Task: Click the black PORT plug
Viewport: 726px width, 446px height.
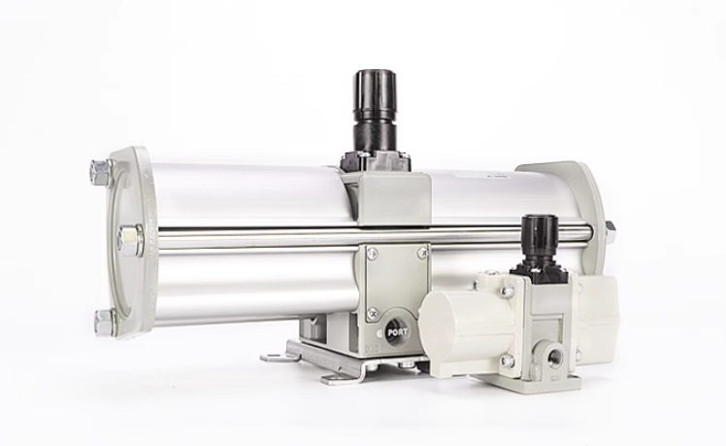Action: tap(397, 330)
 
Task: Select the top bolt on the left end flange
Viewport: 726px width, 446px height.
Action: tap(100, 173)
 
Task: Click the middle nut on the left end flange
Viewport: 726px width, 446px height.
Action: tap(129, 239)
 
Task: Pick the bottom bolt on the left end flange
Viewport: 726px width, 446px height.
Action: tap(104, 322)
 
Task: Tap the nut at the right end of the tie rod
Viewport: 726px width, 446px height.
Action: tap(609, 232)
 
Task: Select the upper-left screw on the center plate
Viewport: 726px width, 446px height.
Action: tap(371, 255)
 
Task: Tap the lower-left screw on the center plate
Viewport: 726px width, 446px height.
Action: tap(372, 314)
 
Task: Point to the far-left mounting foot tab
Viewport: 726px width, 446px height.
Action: tap(277, 357)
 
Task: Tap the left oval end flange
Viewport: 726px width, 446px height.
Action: tap(126, 243)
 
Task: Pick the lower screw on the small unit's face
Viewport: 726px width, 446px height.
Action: tap(507, 360)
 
